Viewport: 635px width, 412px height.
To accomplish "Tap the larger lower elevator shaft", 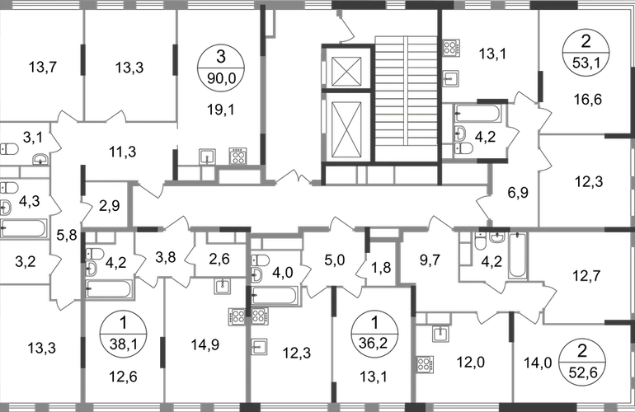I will coord(346,128).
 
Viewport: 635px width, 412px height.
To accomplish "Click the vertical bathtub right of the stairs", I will coord(518,255).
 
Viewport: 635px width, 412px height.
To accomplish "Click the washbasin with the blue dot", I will coord(38,157).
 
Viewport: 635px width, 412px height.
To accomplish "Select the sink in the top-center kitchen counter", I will coord(207,155).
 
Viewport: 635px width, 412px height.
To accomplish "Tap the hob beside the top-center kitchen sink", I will coord(238,155).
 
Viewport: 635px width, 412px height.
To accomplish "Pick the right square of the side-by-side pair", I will coord(260,316).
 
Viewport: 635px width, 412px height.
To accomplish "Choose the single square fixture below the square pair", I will coord(260,345).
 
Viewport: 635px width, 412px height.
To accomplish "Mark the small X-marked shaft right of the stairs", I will coord(450,47).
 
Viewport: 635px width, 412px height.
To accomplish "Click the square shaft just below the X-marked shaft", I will coord(450,77).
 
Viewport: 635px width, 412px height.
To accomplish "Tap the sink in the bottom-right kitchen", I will coord(440,334).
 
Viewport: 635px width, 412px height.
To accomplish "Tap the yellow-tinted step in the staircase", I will coord(404,112).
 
